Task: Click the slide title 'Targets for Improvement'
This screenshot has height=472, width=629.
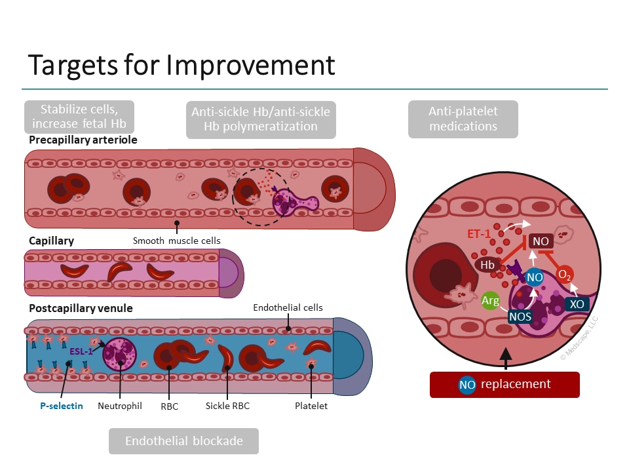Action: [x=181, y=66]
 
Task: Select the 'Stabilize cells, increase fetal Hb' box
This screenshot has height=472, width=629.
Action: [x=79, y=116]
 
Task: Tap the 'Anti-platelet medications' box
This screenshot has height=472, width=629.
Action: [x=463, y=119]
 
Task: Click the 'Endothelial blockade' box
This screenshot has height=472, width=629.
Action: [x=183, y=441]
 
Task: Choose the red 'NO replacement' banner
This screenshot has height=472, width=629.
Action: [x=505, y=384]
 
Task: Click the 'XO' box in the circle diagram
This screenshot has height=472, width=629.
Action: [x=577, y=304]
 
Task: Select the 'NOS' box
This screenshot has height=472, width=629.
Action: [x=520, y=317]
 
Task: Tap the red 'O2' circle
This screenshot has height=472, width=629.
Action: [x=565, y=275]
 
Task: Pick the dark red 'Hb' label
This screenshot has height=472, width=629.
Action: [x=487, y=265]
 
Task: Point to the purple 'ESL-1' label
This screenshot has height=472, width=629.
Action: [x=81, y=351]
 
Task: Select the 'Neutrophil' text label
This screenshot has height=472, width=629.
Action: [x=120, y=406]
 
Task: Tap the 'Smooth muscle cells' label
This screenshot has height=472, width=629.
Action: [x=177, y=241]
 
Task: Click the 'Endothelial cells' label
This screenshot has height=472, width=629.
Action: [x=288, y=307]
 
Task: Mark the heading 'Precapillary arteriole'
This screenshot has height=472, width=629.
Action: [x=83, y=140]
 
